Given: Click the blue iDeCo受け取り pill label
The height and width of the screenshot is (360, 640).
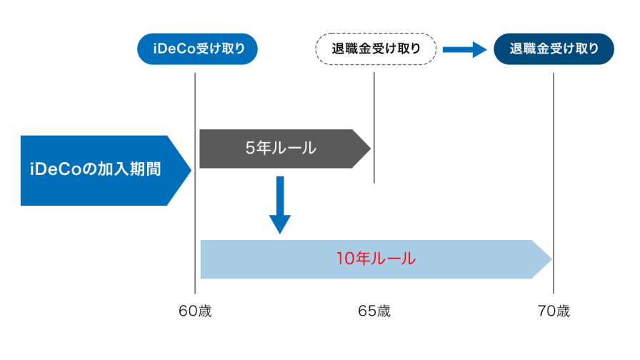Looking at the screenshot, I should tap(196, 49).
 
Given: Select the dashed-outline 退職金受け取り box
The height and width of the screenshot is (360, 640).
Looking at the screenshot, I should tap(376, 49).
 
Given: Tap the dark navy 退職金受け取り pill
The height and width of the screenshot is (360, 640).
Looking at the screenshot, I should tap(554, 49).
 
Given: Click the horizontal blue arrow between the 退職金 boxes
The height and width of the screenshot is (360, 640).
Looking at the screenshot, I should tap(464, 49).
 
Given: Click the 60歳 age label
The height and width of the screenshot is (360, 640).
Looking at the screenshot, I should tap(195, 311).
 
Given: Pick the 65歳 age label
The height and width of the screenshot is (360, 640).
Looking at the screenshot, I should tap(374, 311).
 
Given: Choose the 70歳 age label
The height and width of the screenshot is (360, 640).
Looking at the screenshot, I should tap(554, 311).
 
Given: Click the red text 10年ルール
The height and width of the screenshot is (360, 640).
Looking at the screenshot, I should tap(375, 259).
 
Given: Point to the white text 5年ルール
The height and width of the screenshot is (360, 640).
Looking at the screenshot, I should tap(280, 149).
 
